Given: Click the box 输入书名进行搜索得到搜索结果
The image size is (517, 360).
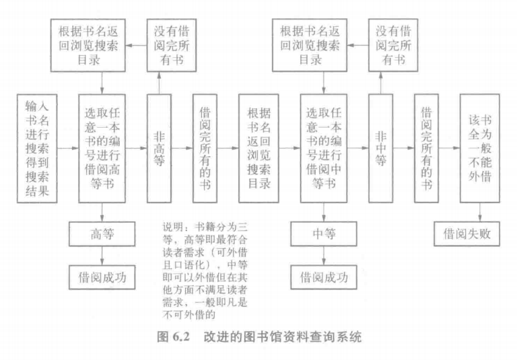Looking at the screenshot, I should (x=38, y=147).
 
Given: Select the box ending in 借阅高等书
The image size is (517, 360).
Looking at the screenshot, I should (x=101, y=147).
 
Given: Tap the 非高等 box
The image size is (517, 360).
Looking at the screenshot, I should (x=159, y=147).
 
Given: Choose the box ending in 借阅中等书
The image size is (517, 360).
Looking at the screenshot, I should (x=322, y=147).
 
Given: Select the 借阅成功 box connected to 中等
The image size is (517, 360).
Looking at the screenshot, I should (x=322, y=276).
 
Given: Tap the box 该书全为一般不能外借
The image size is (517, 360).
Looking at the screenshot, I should (x=479, y=147).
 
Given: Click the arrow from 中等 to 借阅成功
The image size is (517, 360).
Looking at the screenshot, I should (x=322, y=255).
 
